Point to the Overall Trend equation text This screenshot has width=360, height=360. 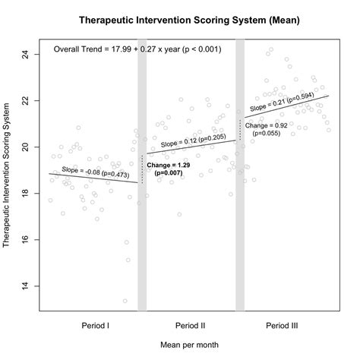tap(137, 49)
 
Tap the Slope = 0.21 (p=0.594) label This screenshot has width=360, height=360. tap(281, 103)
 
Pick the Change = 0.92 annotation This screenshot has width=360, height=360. tap(267, 129)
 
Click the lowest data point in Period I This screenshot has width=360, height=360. tap(125, 301)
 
